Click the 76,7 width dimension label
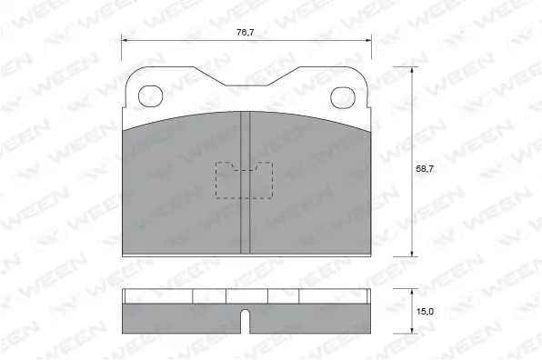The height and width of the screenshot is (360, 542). click(246, 33)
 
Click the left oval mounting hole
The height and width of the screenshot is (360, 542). click(150, 94)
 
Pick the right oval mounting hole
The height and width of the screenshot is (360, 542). click(343, 94)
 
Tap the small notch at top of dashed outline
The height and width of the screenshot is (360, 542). click(246, 167)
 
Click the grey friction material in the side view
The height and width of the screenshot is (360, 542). click(182, 318)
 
